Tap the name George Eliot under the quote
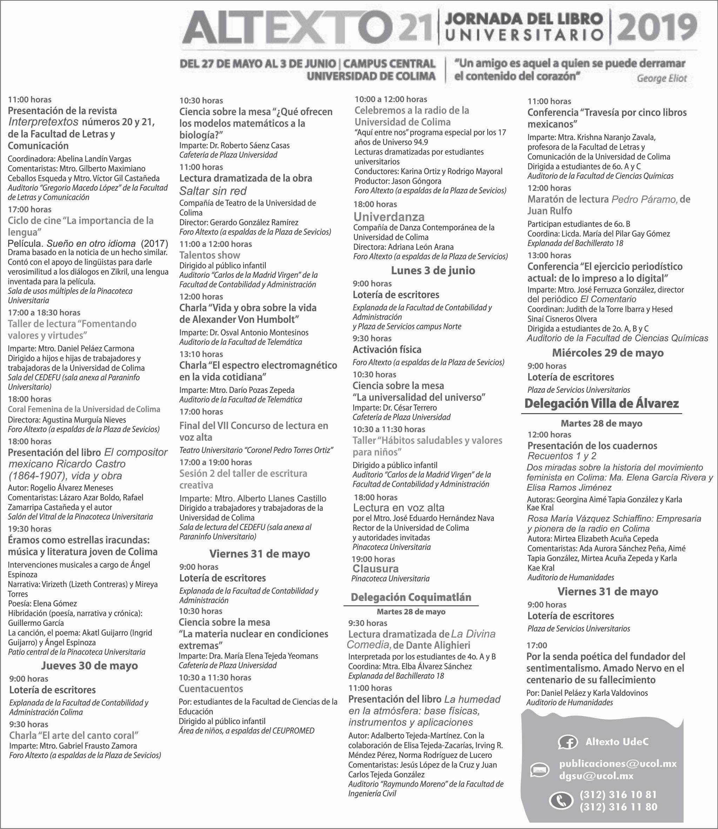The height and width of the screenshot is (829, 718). (662, 79)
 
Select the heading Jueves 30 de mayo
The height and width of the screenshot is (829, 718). (89, 666)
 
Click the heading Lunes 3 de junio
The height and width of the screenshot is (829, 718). (433, 270)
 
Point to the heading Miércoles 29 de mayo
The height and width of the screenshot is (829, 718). (608, 353)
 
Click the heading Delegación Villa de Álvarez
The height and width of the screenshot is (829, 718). (602, 403)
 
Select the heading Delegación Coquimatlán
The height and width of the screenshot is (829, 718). (411, 597)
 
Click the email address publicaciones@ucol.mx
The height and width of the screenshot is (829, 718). (618, 764)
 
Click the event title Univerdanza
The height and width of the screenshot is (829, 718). (389, 217)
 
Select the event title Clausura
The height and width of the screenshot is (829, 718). (375, 569)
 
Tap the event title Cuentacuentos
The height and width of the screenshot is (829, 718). (211, 689)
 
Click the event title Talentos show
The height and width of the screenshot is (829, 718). (209, 255)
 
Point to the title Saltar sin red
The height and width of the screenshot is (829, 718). (213, 191)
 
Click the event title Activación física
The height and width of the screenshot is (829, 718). (387, 350)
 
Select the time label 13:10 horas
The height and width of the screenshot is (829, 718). (201, 354)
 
